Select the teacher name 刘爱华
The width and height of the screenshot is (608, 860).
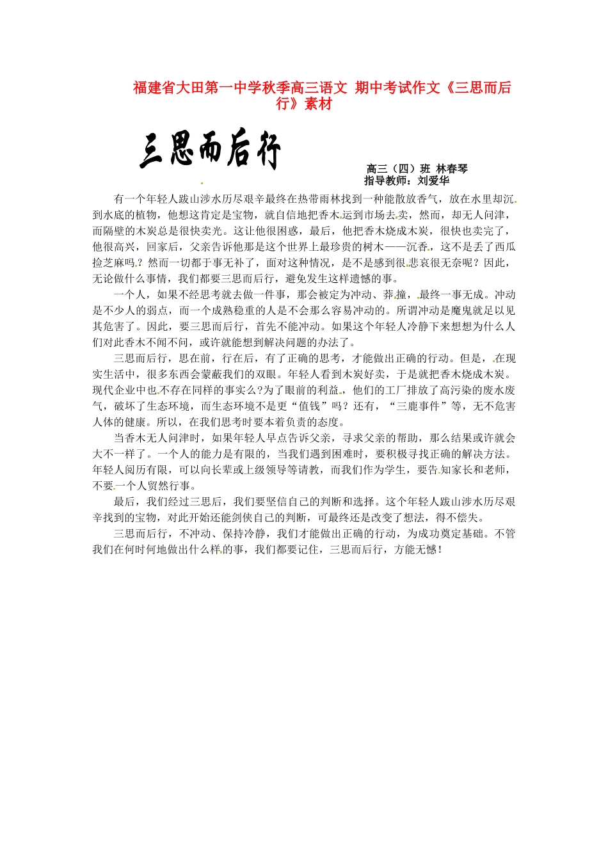click(433, 180)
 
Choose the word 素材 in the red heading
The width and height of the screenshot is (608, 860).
click(318, 104)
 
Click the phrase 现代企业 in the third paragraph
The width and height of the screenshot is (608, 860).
click(115, 390)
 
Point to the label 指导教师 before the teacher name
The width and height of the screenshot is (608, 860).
click(386, 180)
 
